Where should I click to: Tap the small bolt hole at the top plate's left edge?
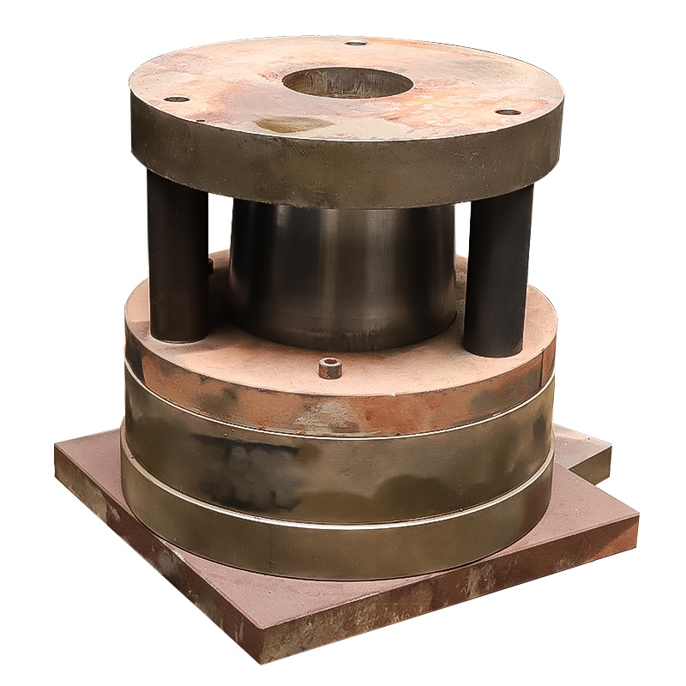click(x=176, y=99)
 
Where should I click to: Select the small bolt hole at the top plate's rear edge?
click(x=355, y=43)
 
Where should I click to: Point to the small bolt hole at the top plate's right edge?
click(x=508, y=111)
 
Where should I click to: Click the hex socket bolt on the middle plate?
click(x=330, y=369)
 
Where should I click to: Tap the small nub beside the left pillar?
click(x=209, y=266)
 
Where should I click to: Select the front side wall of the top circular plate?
click(x=343, y=171)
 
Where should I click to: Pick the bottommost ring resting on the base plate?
click(x=343, y=549)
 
